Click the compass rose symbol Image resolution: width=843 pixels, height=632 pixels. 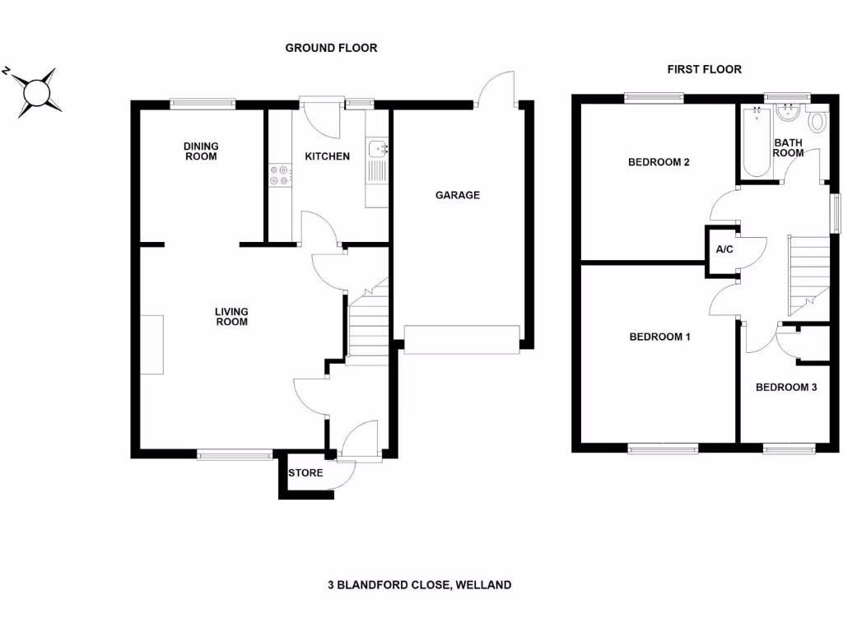tap(35, 90)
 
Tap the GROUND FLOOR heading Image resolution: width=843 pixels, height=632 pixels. tap(331, 49)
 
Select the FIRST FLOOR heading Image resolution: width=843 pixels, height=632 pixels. tap(704, 70)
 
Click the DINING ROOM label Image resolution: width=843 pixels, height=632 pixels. tap(201, 151)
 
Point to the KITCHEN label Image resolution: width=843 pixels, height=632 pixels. tap(327, 156)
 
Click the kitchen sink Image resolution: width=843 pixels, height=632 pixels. tap(378, 149)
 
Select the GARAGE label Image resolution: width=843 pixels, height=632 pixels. tap(457, 195)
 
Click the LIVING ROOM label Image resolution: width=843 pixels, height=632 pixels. tap(231, 317)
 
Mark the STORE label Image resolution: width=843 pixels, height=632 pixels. tap(305, 473)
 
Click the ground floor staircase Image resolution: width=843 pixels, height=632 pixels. tap(366, 321)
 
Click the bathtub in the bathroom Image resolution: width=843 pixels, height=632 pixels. tap(757, 142)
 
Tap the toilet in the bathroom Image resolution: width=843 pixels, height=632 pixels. tap(817, 123)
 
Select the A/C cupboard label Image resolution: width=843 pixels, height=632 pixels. tap(724, 249)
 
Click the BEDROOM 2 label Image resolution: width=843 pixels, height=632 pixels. tap(659, 162)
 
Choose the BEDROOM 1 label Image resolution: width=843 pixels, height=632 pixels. tap(659, 337)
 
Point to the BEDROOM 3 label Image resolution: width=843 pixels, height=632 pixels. tap(786, 387)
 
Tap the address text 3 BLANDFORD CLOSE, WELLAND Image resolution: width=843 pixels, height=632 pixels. tap(420, 585)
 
